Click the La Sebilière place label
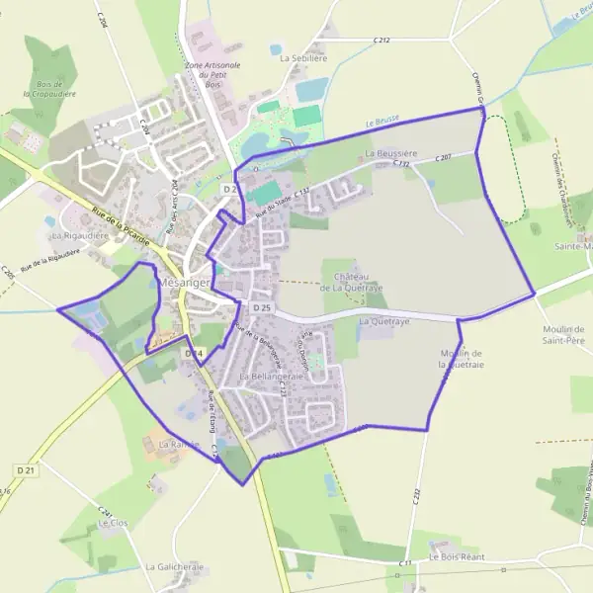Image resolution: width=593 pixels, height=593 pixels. (x=302, y=58)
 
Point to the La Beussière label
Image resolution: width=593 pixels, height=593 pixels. (x=392, y=155)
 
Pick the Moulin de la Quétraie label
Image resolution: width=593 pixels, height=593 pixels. (x=461, y=359)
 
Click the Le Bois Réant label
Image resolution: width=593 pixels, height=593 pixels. (x=456, y=557)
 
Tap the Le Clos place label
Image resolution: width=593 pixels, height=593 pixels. (x=114, y=523)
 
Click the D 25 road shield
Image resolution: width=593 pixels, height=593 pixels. (x=261, y=309)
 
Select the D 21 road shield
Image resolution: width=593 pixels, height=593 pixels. (x=25, y=470)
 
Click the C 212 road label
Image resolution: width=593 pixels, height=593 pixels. (x=382, y=41)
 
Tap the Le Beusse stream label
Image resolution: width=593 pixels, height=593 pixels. (x=381, y=122)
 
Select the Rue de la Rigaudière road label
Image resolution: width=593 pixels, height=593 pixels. (x=49, y=260)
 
